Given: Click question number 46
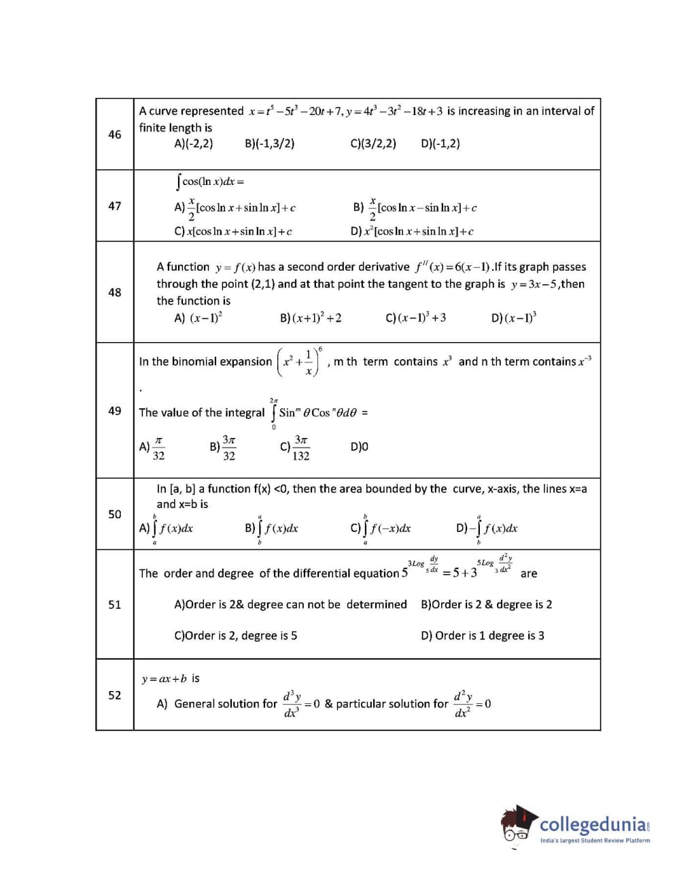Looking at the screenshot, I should coord(115,135).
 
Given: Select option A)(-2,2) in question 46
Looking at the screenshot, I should coord(194,144).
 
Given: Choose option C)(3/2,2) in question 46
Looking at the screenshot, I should coord(373,144).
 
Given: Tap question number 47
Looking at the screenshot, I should coord(115,206).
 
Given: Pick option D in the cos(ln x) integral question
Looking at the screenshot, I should coord(412,231).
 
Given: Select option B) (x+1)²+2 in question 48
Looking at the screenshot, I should coord(311,318).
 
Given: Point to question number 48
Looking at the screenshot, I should coord(115,292).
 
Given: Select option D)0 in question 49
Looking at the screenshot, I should coord(360,448).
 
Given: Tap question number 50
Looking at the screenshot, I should coord(115,514).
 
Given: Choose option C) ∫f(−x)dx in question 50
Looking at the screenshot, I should coord(381,529).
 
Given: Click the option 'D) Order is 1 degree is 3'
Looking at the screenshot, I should coord(483,636).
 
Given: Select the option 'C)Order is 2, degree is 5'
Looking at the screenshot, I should coord(236,636).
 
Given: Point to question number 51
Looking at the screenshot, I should coord(115,605).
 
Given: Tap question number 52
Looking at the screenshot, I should coord(115,695).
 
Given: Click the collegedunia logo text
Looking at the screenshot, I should coord(593,825).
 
